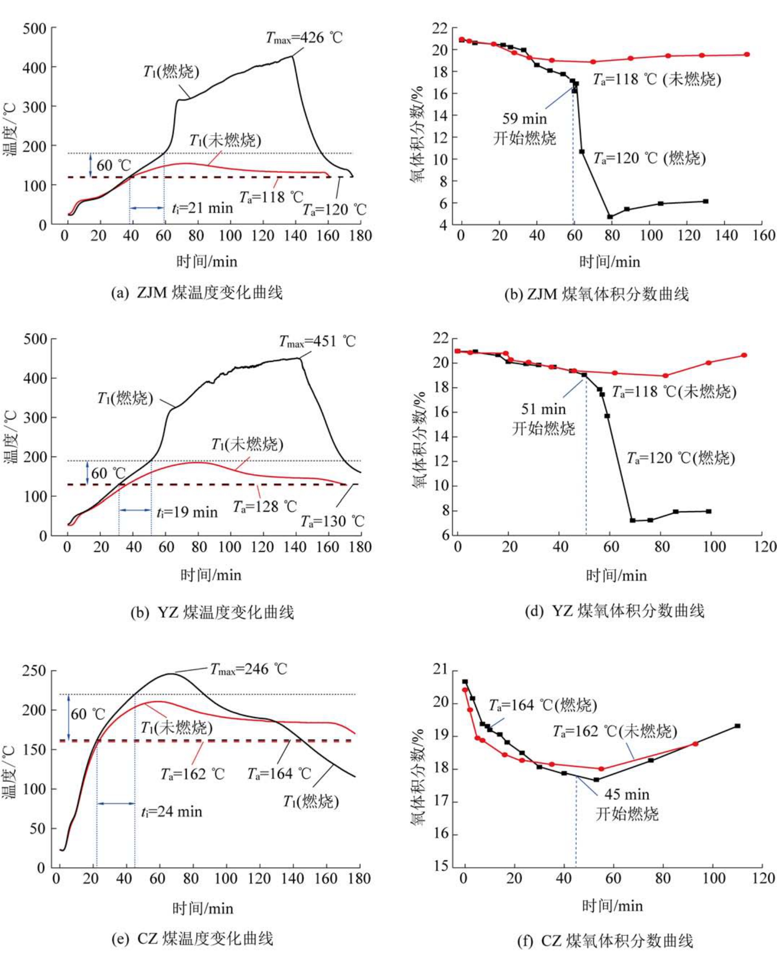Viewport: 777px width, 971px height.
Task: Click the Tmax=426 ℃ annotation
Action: point(304,37)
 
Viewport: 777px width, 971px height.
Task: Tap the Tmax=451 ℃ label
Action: point(317,342)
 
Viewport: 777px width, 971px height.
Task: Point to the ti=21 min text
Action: point(202,208)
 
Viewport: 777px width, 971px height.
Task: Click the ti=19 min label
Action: point(187,513)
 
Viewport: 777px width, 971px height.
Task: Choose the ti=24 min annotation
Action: point(171,812)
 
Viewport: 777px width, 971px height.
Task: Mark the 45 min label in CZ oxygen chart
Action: point(627,794)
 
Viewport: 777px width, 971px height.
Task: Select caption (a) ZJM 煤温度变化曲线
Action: point(197,292)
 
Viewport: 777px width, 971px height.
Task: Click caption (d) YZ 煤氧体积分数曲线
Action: point(615,611)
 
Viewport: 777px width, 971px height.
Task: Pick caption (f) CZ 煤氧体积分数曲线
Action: point(605,940)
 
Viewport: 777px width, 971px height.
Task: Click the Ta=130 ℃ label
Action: point(333,521)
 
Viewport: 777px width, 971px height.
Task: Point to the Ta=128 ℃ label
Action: point(265,506)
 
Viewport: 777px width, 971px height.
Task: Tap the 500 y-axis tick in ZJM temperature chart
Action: point(35,28)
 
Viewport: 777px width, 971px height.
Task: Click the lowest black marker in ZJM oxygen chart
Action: point(610,217)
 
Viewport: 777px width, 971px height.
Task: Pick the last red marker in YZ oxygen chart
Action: point(744,355)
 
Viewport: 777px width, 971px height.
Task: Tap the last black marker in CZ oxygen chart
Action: point(738,726)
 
